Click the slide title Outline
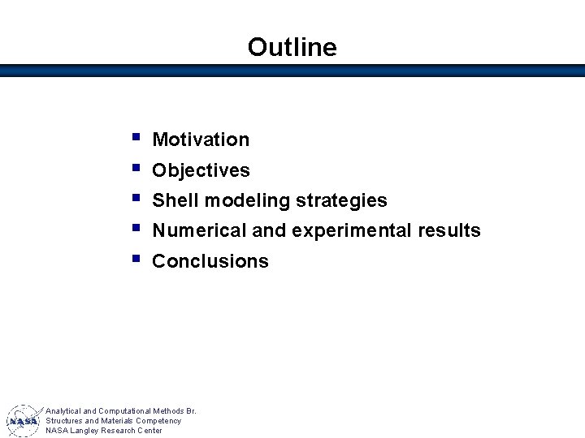pyautogui.click(x=292, y=47)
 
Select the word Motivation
pyautogui.click(x=201, y=140)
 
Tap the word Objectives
pyautogui.click(x=201, y=170)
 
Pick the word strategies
pyautogui.click(x=341, y=201)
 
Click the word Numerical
pyautogui.click(x=199, y=230)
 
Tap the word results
pyautogui.click(x=448, y=230)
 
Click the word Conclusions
pyautogui.click(x=210, y=261)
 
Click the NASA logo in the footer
pyautogui.click(x=24, y=420)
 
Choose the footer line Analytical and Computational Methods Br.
pyautogui.click(x=121, y=411)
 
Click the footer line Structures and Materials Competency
pyautogui.click(x=113, y=421)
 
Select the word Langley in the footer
pyautogui.click(x=89, y=431)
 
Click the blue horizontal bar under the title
pyautogui.click(x=292, y=71)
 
